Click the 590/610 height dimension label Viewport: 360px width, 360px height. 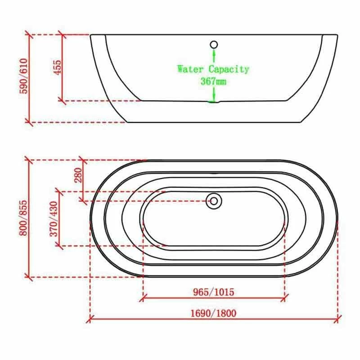(24, 76)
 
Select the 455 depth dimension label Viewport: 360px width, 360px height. (58, 67)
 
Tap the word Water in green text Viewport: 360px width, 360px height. (190, 69)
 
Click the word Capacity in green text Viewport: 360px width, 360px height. (229, 69)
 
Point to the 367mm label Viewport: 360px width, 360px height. (213, 81)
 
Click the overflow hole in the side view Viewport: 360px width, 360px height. (214, 45)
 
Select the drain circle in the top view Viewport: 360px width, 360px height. (214, 201)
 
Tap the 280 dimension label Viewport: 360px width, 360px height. (78, 175)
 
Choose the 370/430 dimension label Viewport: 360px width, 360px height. (54, 219)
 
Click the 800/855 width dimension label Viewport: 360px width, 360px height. (23, 218)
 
